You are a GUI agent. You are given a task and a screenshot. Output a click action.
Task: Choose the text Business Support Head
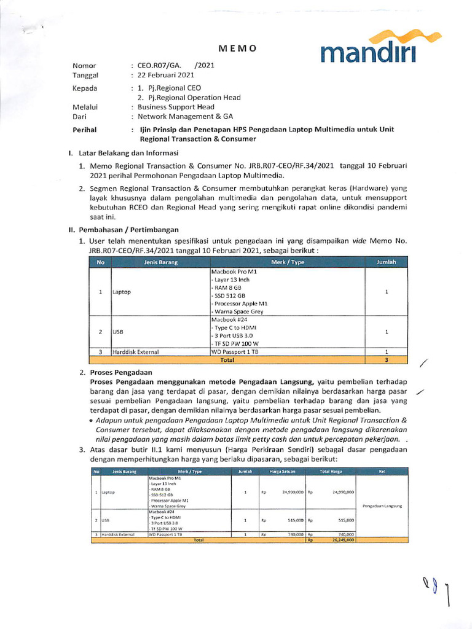coord(176,107)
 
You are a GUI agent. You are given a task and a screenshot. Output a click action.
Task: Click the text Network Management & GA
coord(185,116)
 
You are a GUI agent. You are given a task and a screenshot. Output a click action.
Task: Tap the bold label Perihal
coord(85,130)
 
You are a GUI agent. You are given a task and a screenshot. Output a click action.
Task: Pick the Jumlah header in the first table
coord(386,262)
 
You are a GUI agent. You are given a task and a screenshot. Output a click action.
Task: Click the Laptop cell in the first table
coord(122,292)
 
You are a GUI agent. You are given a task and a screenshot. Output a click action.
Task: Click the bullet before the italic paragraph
coord(91,420)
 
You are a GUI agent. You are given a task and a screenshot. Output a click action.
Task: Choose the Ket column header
coord(382,472)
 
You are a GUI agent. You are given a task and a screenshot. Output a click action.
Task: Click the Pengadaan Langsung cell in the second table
coord(382,506)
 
